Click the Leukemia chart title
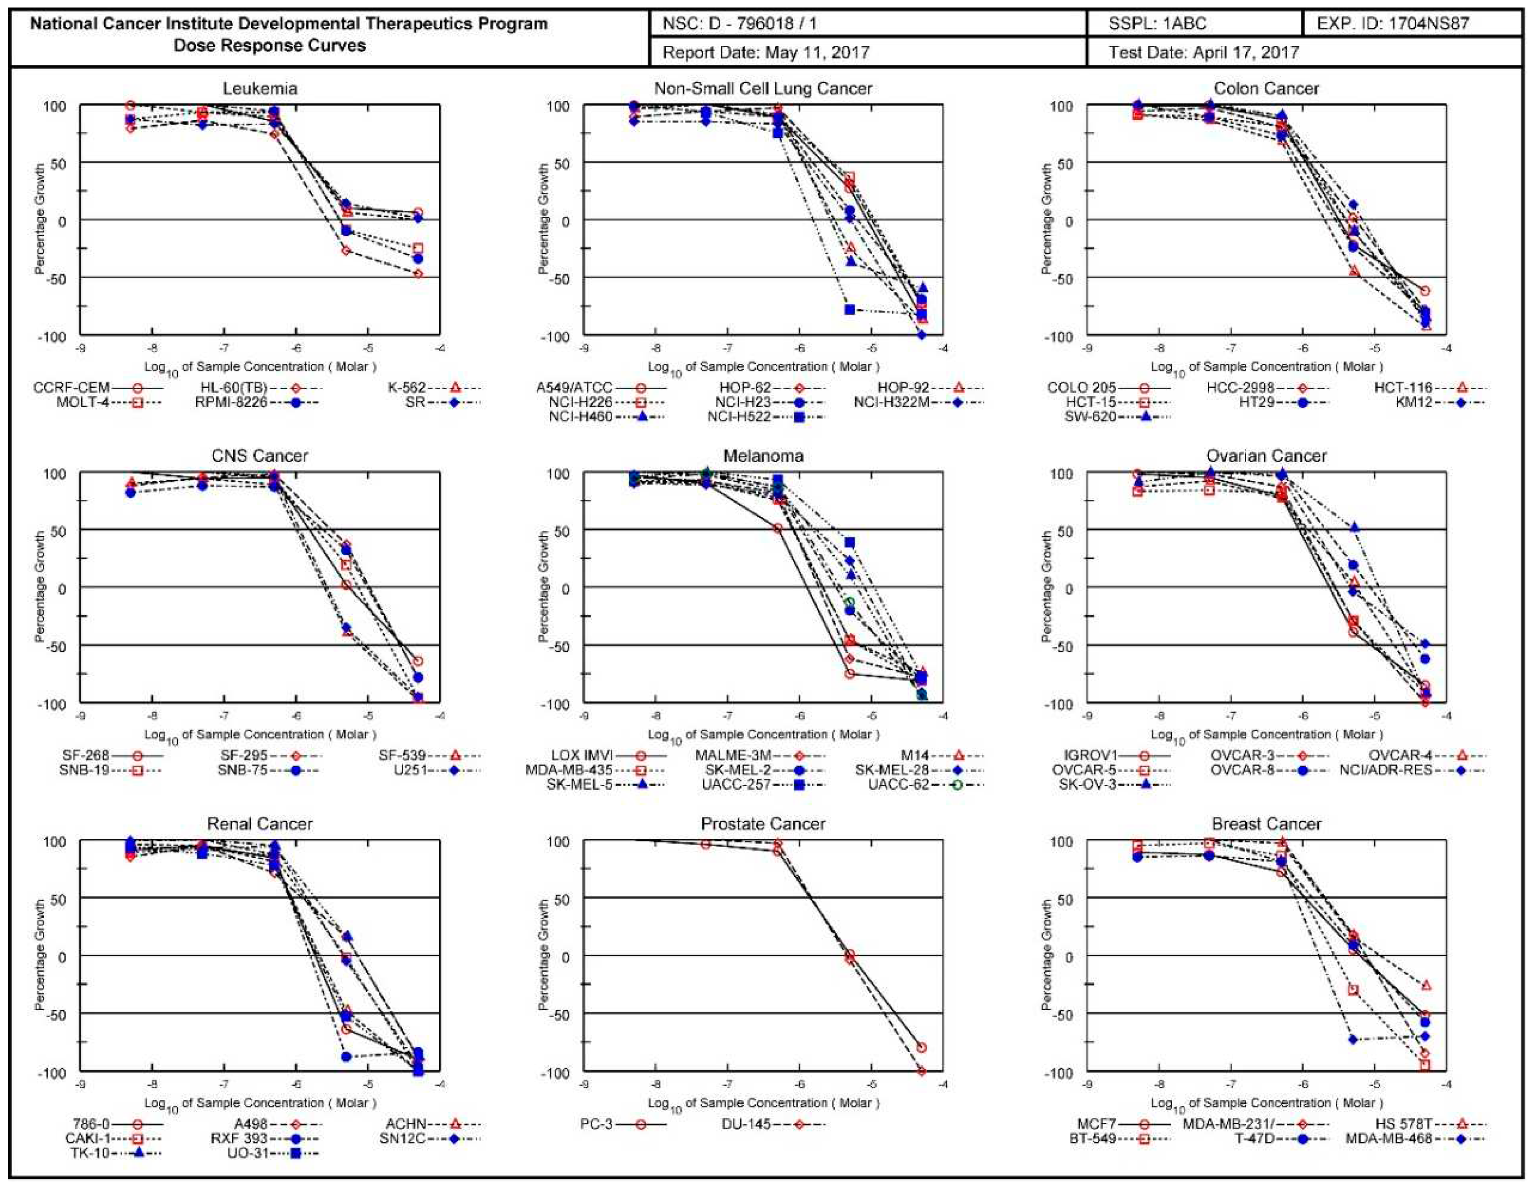pos(260,88)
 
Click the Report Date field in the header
pos(765,53)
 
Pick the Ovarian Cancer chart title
pos(1266,456)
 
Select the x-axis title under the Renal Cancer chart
pos(260,1103)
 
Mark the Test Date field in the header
pos(1203,53)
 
